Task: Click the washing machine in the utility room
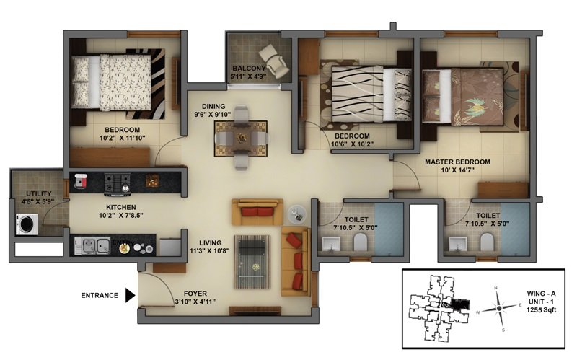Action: (x=27, y=224)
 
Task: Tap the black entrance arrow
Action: (x=131, y=295)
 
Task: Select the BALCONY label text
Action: (x=249, y=69)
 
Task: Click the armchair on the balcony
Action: (x=274, y=61)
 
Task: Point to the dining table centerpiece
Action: (x=242, y=138)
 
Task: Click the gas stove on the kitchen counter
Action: (x=118, y=183)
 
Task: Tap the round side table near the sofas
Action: (x=297, y=214)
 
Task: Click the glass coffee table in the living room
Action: (x=252, y=262)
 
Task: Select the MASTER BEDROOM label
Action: (x=457, y=162)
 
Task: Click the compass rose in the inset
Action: (x=498, y=308)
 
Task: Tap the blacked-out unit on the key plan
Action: (x=457, y=304)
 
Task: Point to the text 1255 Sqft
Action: (x=541, y=310)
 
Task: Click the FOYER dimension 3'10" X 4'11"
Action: (x=195, y=302)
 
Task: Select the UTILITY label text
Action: (x=39, y=193)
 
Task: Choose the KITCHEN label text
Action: (x=121, y=207)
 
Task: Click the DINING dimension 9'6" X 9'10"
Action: (x=213, y=115)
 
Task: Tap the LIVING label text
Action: (x=211, y=243)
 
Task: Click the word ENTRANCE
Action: (x=100, y=295)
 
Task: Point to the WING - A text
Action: (x=541, y=294)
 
